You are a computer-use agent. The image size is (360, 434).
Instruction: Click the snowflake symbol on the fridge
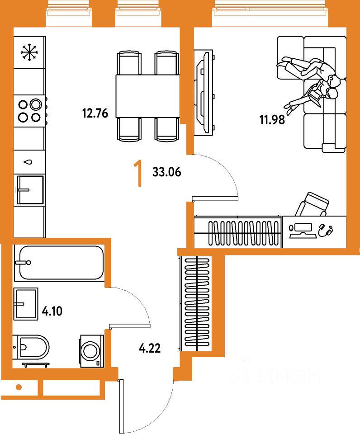tap(29, 52)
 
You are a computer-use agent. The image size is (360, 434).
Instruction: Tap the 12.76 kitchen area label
tap(95, 113)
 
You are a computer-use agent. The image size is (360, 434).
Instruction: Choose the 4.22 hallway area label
tap(149, 348)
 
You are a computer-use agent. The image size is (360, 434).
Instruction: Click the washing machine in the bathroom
tap(92, 351)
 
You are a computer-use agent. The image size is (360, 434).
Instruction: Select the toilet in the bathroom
tap(32, 348)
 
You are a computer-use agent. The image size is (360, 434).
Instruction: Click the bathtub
tap(59, 263)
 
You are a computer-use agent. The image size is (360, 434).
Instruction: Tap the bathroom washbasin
tap(25, 303)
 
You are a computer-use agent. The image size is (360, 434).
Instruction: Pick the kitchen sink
tap(30, 190)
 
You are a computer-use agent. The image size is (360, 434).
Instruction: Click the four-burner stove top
tap(30, 111)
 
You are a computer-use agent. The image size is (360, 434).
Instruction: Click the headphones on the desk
tap(326, 230)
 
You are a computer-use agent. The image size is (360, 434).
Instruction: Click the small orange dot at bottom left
tap(19, 387)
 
